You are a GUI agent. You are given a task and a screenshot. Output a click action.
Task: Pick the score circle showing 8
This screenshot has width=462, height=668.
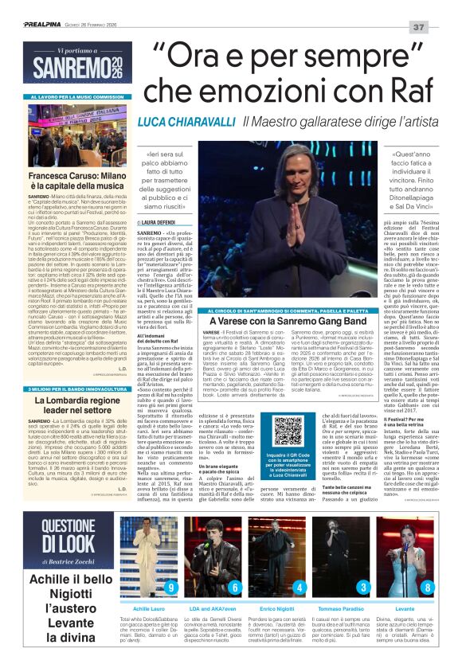click(x=428, y=588)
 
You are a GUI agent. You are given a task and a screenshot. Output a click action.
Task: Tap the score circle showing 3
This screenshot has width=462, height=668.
click(x=363, y=588)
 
